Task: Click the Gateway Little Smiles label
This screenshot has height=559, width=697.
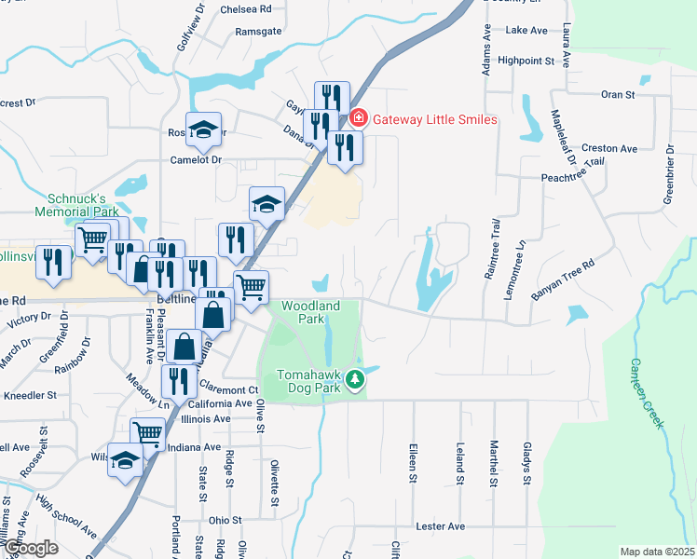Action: tap(435, 119)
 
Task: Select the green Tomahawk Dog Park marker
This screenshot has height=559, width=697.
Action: tap(354, 380)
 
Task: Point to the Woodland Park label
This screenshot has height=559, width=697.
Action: tap(310, 312)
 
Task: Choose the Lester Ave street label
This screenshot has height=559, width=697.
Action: tap(441, 526)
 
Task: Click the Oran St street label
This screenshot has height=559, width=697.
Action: tap(618, 94)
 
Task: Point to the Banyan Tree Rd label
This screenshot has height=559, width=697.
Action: tap(562, 279)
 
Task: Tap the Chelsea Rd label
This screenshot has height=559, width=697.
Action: tap(246, 9)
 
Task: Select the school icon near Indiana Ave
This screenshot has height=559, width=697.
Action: tap(126, 460)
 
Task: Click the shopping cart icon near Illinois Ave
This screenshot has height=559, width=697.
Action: tap(147, 432)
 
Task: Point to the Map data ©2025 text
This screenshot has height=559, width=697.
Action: tap(656, 552)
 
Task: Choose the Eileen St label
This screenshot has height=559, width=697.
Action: tap(412, 463)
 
